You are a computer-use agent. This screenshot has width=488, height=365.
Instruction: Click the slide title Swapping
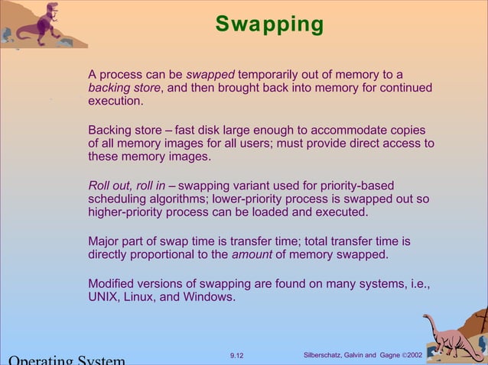269,24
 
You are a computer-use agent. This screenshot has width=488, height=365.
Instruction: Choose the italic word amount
252,254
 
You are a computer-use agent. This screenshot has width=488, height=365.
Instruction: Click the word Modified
112,284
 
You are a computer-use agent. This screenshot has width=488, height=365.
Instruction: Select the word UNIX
103,297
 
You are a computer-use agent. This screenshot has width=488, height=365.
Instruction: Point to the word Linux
139,297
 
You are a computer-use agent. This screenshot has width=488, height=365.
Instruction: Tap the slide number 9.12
238,355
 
